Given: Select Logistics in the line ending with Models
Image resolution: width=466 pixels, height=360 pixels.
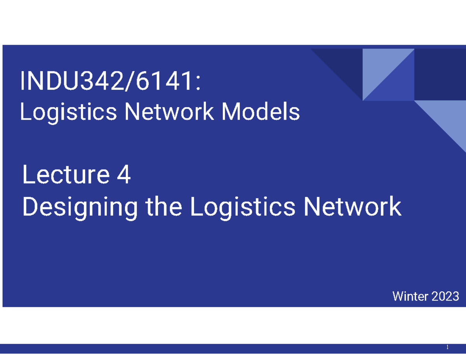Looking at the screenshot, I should pyautogui.click(x=68, y=113).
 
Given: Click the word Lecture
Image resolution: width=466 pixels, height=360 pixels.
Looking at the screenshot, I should pyautogui.click(x=65, y=176).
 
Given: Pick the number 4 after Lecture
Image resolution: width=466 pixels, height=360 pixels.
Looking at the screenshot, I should pyautogui.click(x=123, y=176).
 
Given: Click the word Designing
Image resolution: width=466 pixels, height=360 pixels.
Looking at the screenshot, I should pyautogui.click(x=80, y=207).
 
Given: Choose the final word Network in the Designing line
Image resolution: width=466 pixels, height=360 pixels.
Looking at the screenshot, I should pyautogui.click(x=352, y=207).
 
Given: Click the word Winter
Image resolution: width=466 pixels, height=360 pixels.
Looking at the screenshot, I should pyautogui.click(x=409, y=297).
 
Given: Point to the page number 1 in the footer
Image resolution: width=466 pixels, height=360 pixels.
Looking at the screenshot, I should pyautogui.click(x=447, y=348).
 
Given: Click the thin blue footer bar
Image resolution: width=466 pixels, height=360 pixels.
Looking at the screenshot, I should pyautogui.click(x=233, y=348).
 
